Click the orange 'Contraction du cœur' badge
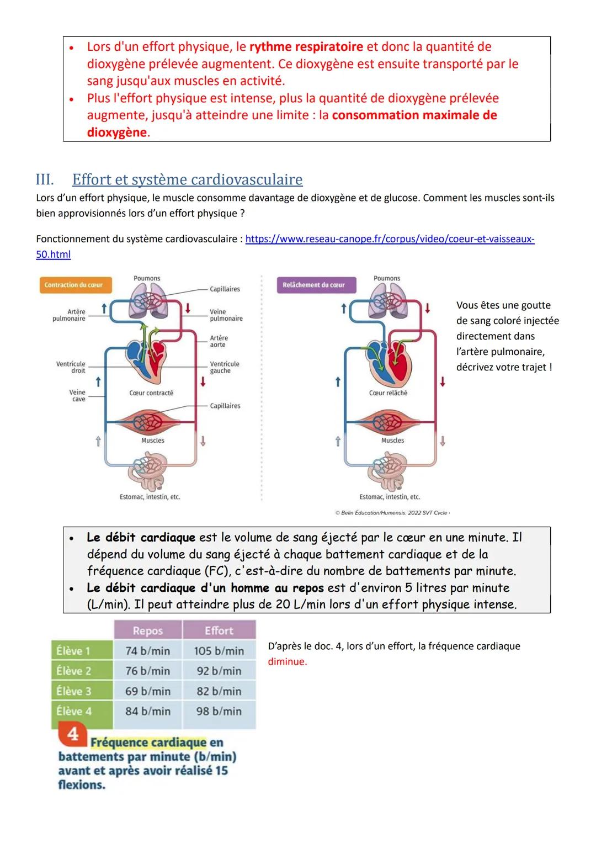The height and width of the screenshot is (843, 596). point(74,285)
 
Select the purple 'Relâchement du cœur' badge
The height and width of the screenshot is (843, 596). point(314,285)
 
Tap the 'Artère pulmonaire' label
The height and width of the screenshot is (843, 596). point(69,315)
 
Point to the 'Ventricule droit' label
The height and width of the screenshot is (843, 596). point(71,367)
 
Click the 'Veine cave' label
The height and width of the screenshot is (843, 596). point(77,395)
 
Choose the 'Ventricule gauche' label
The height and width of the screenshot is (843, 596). point(225,367)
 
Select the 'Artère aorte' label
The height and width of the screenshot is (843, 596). point(219,341)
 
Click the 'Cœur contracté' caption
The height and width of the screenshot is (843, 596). point(151,393)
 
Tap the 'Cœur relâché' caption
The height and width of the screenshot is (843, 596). point(388,393)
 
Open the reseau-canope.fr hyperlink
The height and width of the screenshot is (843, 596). point(390,239)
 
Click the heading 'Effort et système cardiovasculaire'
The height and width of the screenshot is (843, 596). point(187,179)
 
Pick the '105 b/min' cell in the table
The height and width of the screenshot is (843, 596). point(219,651)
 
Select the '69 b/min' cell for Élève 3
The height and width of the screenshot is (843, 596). point(147,691)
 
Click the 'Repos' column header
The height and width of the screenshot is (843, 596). point(147,630)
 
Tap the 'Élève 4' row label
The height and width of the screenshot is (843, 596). point(74,711)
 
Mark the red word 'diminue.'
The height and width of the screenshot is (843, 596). point(288,661)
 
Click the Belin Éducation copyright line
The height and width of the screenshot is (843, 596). point(392,513)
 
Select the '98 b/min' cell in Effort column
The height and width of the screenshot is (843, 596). point(219,711)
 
